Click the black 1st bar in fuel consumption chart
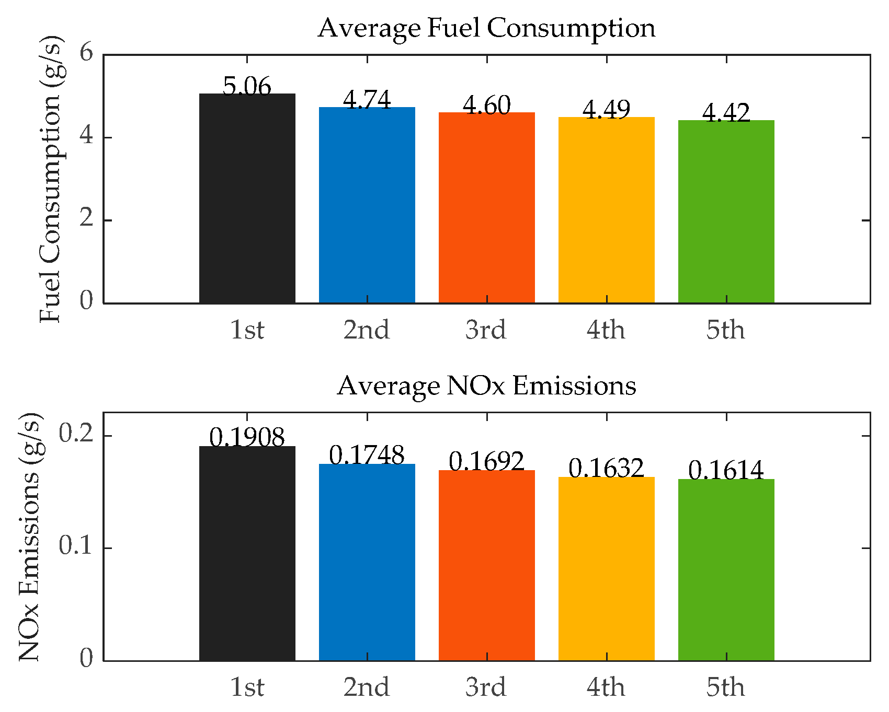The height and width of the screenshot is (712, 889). coord(247,199)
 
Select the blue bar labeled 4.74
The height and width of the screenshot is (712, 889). coord(367,205)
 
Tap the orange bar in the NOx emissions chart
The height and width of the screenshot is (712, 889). coord(486,565)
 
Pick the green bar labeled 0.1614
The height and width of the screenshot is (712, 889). coord(726,569)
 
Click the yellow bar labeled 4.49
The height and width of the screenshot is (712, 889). coord(606,210)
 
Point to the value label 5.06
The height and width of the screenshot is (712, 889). coord(247,86)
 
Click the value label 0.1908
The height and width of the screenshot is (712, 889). coord(247,437)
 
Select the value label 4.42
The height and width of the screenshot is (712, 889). coord(726,112)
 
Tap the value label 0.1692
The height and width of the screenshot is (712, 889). coord(486,461)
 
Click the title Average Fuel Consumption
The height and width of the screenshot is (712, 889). coord(486,28)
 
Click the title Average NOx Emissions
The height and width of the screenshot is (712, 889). coord(486,386)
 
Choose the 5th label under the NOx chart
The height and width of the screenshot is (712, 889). coord(725,687)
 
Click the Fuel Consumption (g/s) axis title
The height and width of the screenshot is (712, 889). coord(51,179)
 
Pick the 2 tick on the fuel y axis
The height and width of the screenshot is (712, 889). coord(86,219)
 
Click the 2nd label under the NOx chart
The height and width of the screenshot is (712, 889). coord(367,687)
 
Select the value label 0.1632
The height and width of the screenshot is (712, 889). coord(606,468)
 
